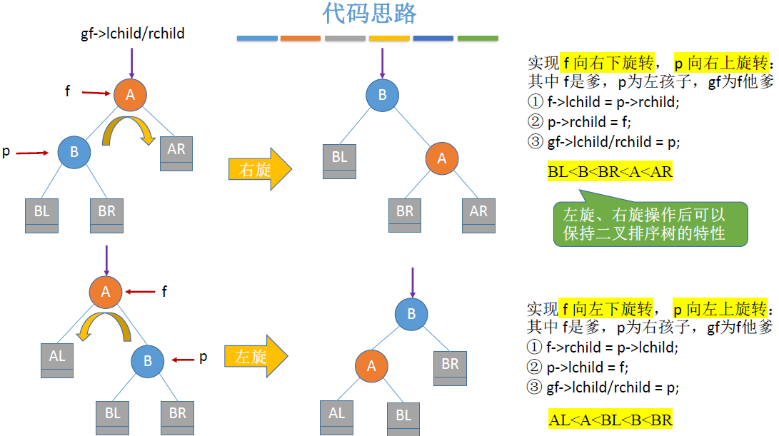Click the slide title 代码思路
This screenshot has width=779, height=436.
[369, 14]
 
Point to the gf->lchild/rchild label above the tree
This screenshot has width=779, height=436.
[133, 34]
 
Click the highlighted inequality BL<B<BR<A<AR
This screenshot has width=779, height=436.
[610, 172]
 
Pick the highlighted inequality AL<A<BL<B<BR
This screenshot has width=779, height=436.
[610, 420]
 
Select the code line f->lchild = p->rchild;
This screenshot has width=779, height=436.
[613, 102]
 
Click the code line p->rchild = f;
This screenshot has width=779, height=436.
[588, 122]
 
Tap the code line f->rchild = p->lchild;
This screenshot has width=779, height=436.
[612, 348]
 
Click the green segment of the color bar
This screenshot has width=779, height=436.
[478, 38]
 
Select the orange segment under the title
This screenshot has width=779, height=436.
[301, 38]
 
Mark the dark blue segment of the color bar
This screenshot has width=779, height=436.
[433, 38]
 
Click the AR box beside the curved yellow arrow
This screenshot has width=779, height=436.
[176, 153]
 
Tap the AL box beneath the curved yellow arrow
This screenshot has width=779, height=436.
[57, 359]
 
